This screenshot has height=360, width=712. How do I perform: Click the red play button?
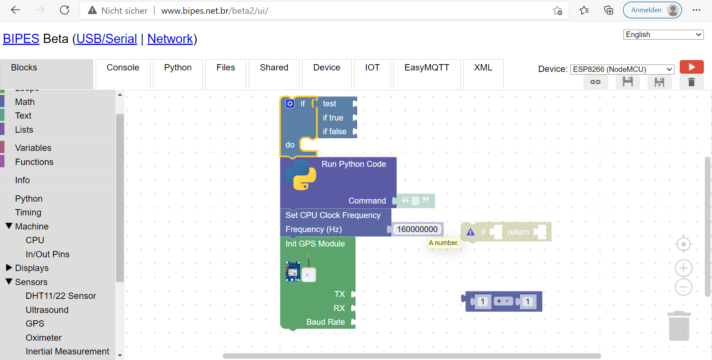pyautogui.click(x=691, y=67)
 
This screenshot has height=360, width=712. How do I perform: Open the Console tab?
pyautogui.click(x=123, y=68)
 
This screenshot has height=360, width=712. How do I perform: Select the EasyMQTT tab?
pyautogui.click(x=426, y=68)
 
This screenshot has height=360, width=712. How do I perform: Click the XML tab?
pyautogui.click(x=483, y=68)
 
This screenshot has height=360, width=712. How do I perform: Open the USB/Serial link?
pyautogui.click(x=107, y=39)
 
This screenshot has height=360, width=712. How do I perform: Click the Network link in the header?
pyautogui.click(x=170, y=39)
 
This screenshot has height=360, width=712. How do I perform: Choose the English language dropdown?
pyautogui.click(x=663, y=34)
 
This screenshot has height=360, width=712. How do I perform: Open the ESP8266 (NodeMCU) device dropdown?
pyautogui.click(x=622, y=69)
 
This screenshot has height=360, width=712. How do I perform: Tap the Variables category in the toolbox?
pyautogui.click(x=33, y=148)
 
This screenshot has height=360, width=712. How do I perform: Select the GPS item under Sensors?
pyautogui.click(x=35, y=324)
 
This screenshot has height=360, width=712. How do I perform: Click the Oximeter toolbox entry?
pyautogui.click(x=43, y=338)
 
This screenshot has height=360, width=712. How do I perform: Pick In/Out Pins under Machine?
pyautogui.click(x=47, y=254)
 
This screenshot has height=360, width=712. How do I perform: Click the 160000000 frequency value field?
pyautogui.click(x=417, y=229)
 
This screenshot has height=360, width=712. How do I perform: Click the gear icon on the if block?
pyautogui.click(x=290, y=104)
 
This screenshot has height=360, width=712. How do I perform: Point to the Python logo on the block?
pyautogui.click(x=301, y=175)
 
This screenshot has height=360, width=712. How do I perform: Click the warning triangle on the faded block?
pyautogui.click(x=471, y=232)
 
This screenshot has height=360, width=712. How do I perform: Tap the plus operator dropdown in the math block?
pyautogui.click(x=503, y=301)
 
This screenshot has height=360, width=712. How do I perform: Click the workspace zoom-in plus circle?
pyautogui.click(x=683, y=268)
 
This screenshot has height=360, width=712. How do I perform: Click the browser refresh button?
pyautogui.click(x=65, y=10)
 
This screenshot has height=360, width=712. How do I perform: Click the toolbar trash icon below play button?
pyautogui.click(x=691, y=82)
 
